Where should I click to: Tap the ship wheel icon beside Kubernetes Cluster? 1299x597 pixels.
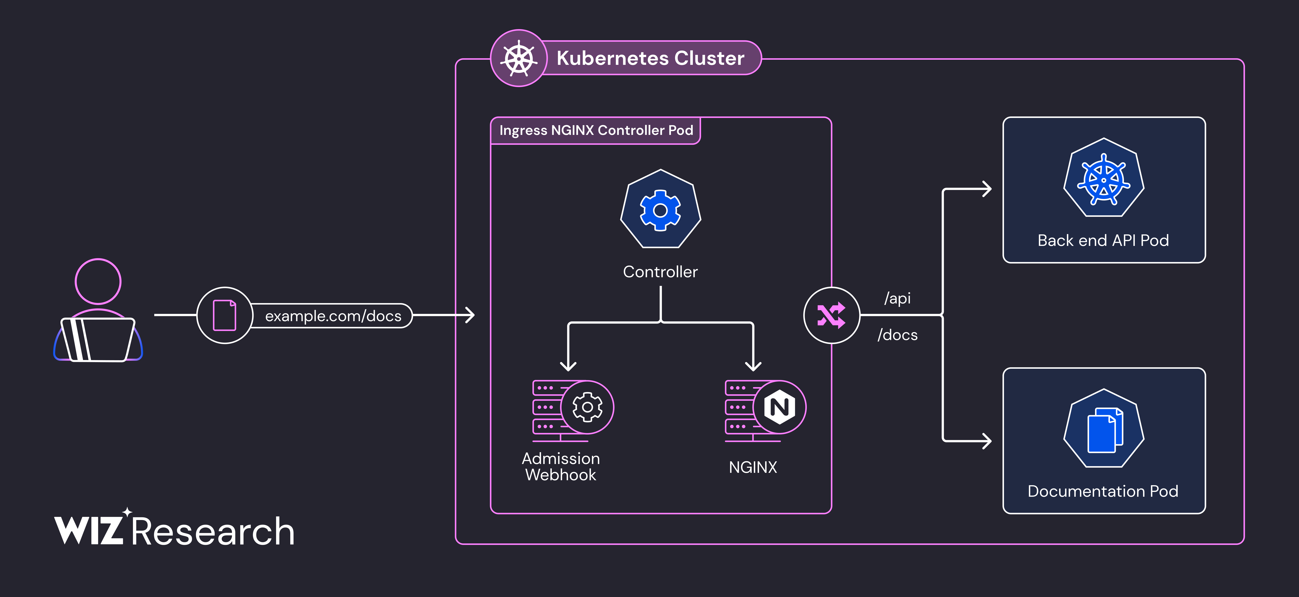pos(519,59)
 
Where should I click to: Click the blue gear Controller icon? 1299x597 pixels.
pos(660,210)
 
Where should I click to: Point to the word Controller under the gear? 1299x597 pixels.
pos(660,272)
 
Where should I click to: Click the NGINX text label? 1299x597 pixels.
pos(753,467)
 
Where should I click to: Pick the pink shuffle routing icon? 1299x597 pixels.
pos(831,315)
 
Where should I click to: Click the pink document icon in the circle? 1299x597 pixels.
pos(224,315)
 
